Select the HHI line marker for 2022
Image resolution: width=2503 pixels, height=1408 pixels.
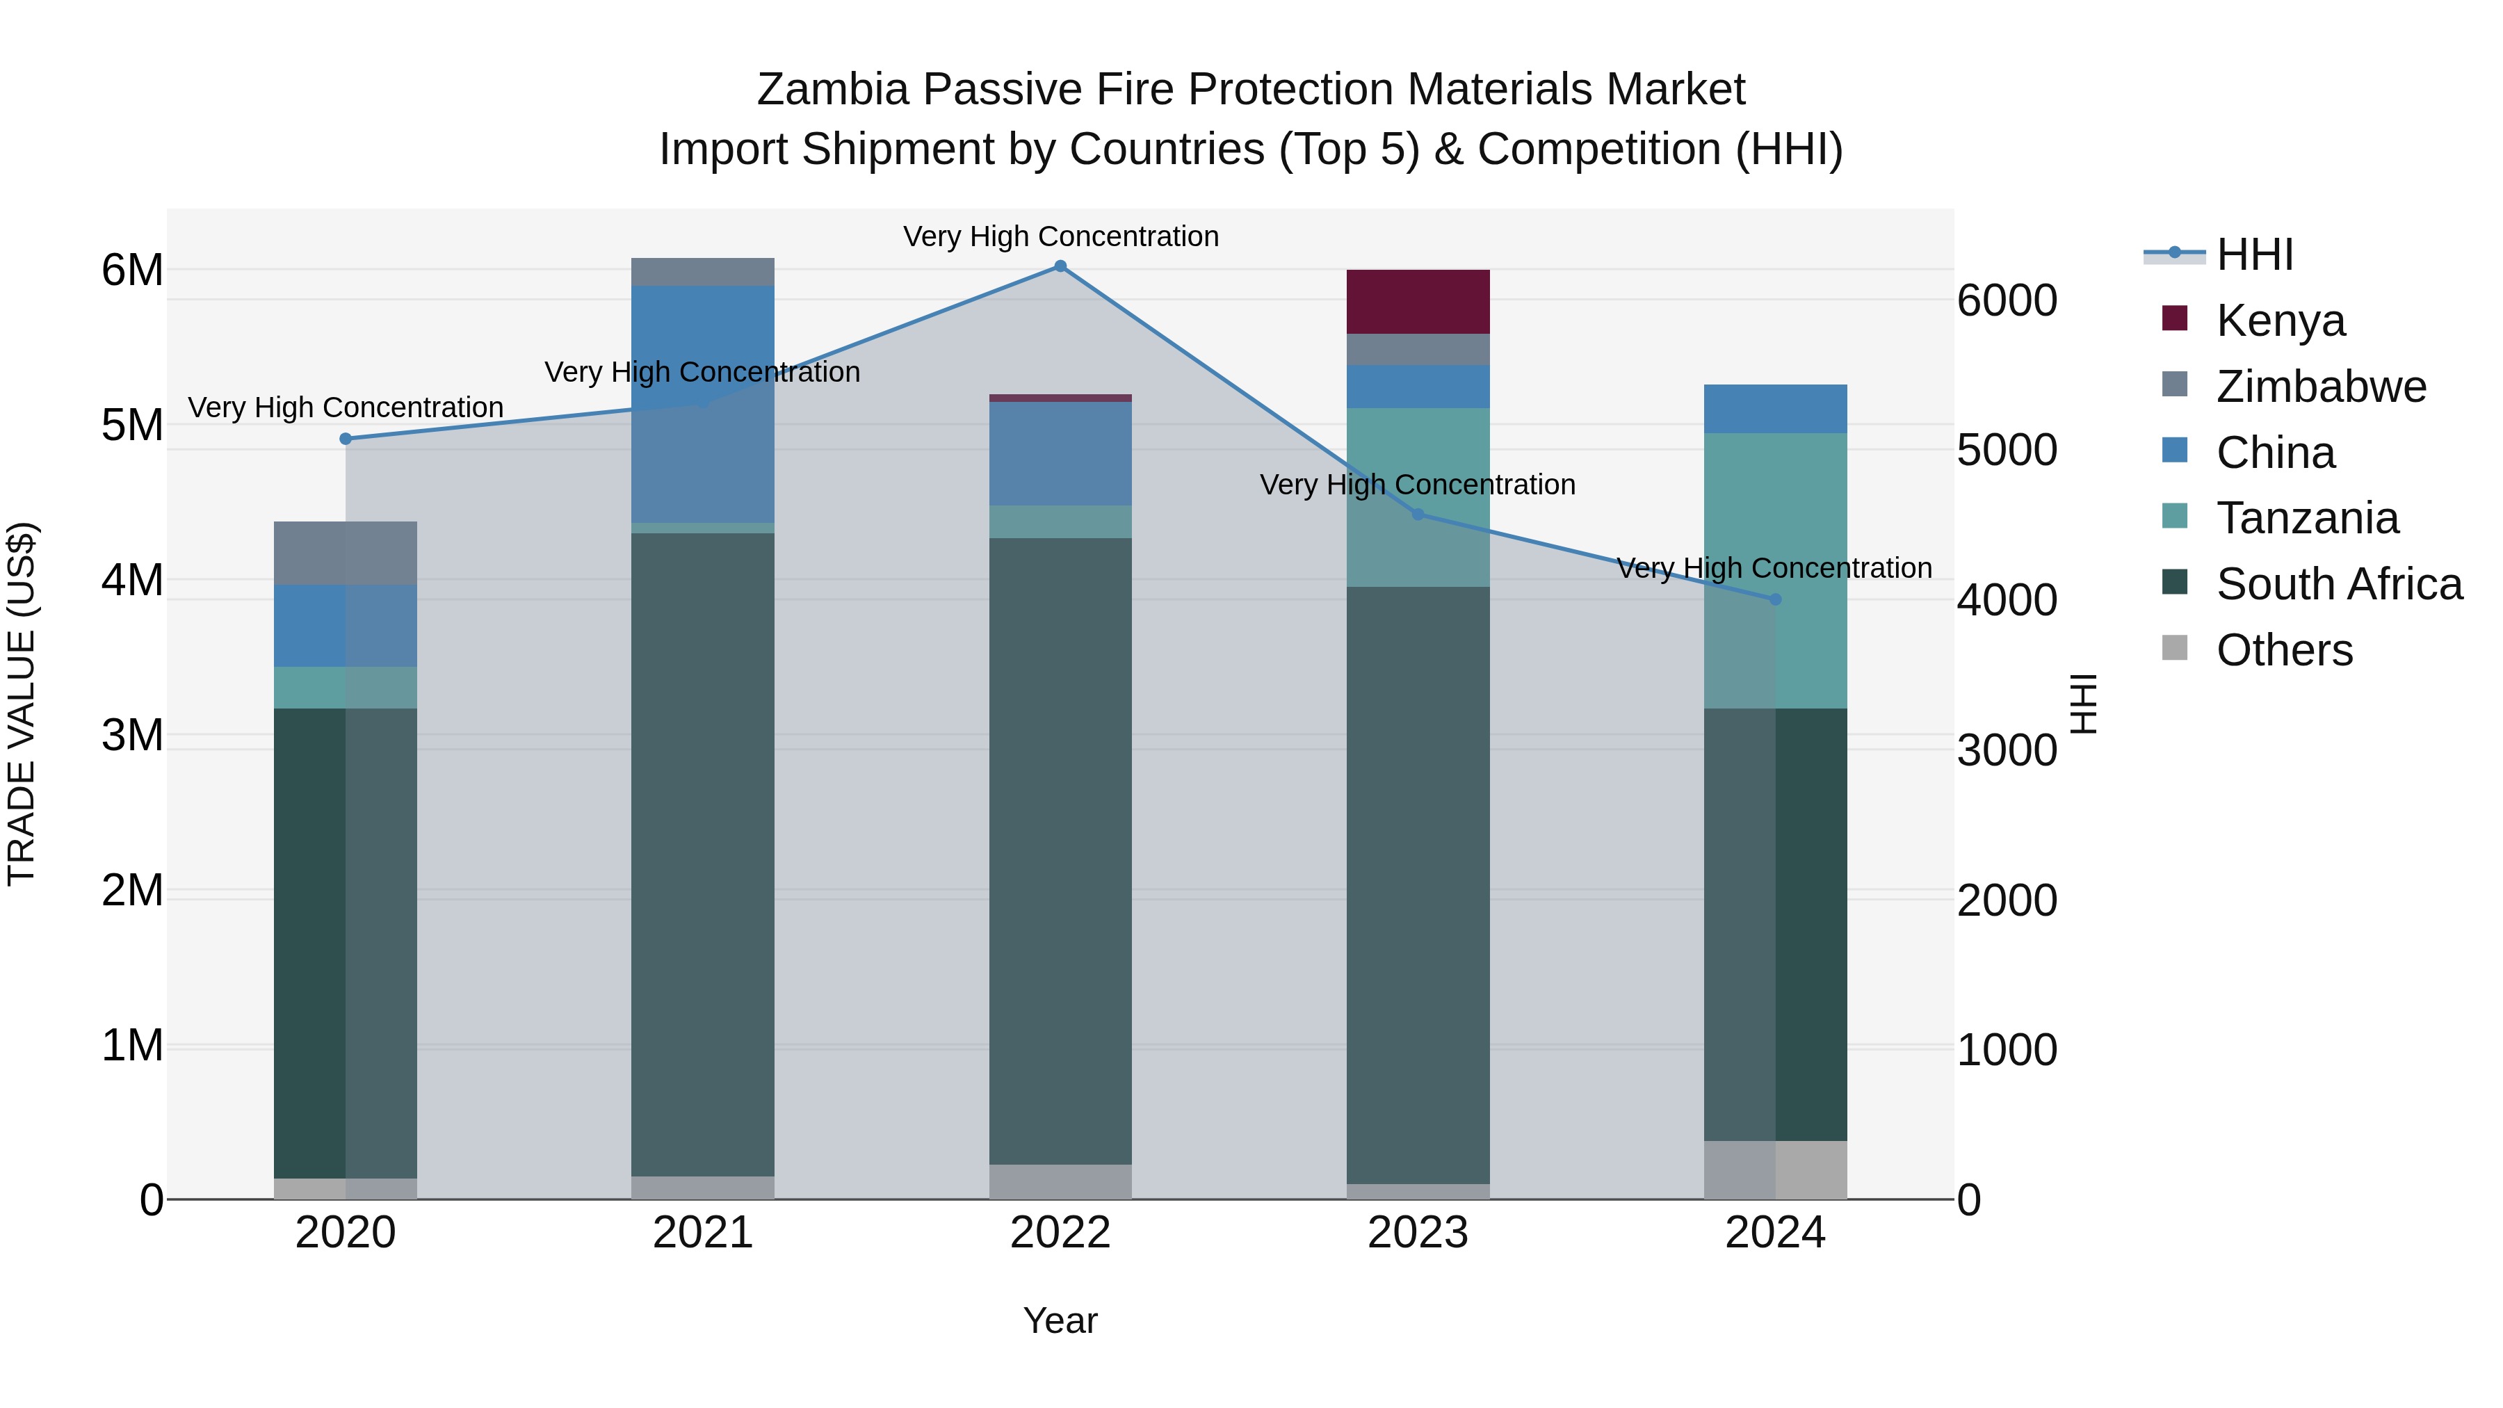tap(1060, 266)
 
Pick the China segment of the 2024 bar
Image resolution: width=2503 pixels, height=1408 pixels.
tap(1775, 408)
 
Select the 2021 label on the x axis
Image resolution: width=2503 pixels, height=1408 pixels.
tap(702, 1233)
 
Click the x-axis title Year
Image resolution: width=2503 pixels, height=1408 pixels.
tap(1060, 1320)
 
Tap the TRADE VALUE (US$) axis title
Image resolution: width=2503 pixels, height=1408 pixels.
tap(22, 704)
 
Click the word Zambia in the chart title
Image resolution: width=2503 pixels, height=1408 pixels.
tap(834, 90)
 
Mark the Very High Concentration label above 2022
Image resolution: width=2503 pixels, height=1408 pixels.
tap(1060, 236)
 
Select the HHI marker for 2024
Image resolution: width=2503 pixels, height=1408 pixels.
tap(1775, 599)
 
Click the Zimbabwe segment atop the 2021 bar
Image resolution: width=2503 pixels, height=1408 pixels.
tap(702, 272)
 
